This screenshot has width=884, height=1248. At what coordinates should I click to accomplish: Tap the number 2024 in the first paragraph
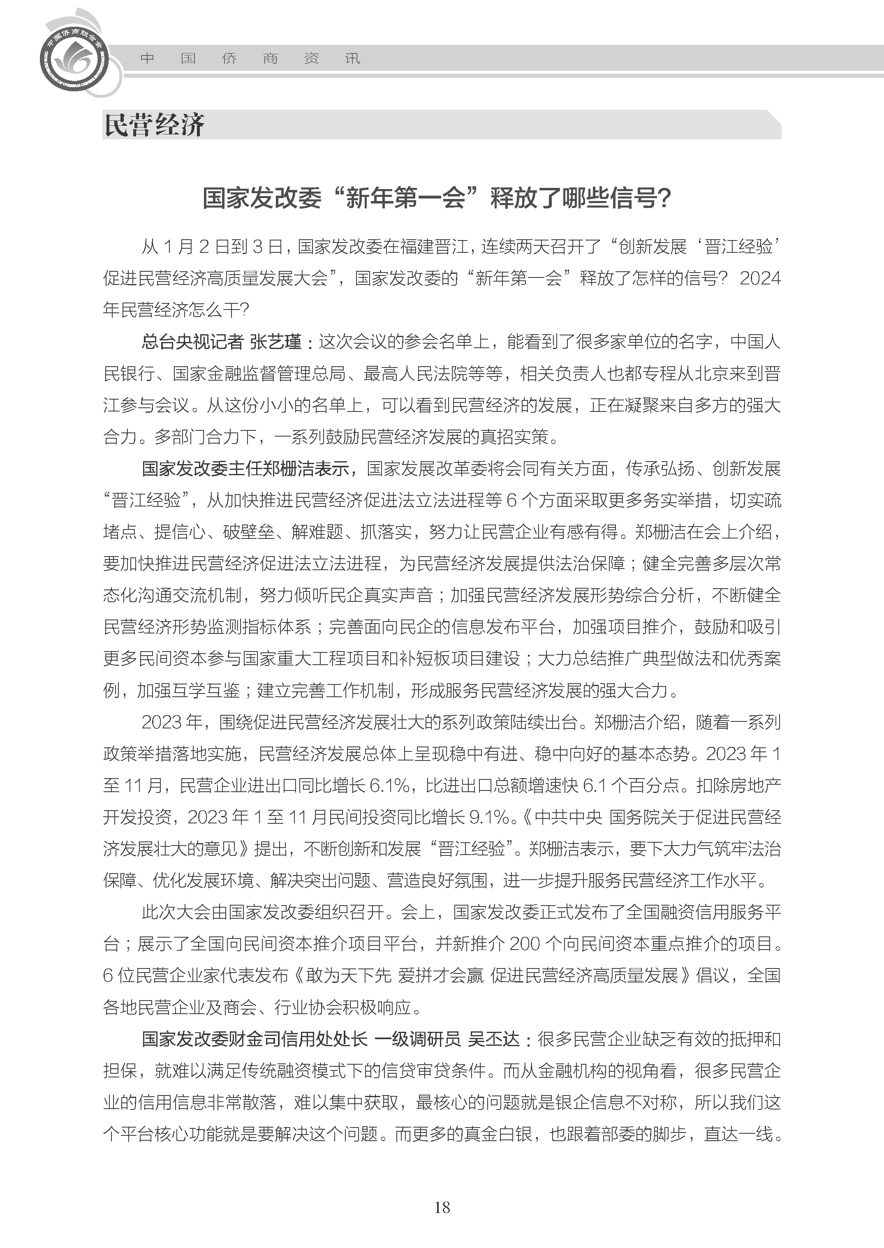[x=760, y=279]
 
